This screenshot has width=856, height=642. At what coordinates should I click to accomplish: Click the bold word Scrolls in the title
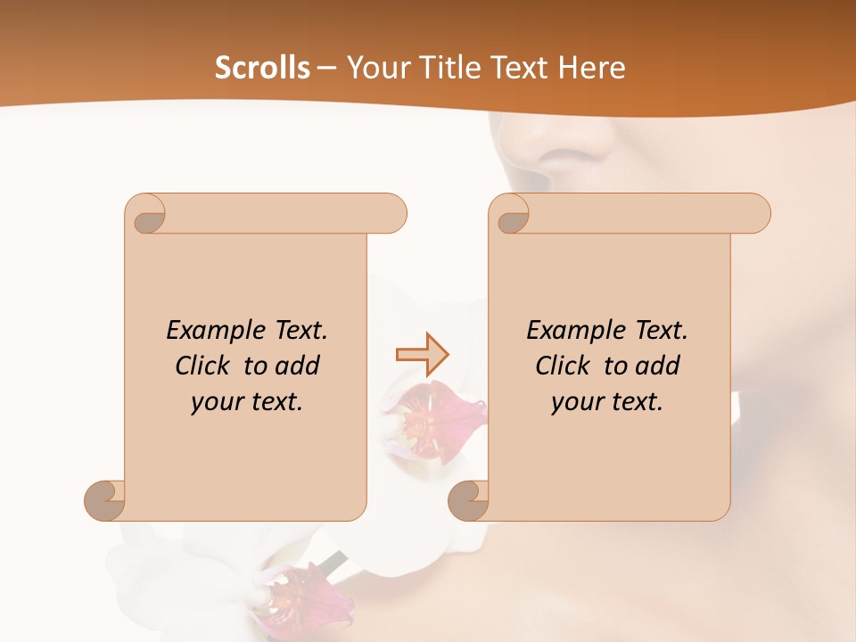coord(262,68)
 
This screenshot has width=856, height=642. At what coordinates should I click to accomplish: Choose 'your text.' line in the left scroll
coord(247,402)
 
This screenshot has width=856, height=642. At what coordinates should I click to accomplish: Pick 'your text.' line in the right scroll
coord(607,402)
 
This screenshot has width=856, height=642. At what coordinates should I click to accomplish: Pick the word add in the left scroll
coord(297,366)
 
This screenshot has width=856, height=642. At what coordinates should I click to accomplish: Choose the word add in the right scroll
coord(657,366)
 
